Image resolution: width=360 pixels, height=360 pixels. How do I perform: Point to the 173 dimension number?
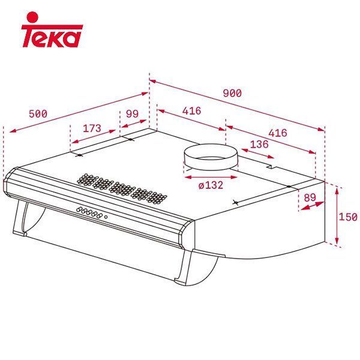pyautogui.click(x=92, y=128)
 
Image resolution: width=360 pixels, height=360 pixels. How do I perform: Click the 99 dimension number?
pyautogui.click(x=132, y=114)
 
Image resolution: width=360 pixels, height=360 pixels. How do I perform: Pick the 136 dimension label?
pyautogui.click(x=259, y=144)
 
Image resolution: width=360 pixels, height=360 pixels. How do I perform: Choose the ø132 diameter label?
pyautogui.click(x=210, y=185)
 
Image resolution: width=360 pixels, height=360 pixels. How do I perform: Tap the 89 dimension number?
pyautogui.click(x=310, y=197)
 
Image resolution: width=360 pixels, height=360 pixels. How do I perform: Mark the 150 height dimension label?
pyautogui.click(x=348, y=217)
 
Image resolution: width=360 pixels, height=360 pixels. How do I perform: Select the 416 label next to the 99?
pyautogui.click(x=191, y=111)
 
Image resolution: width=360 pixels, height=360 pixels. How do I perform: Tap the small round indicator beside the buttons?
pyautogui.click(x=106, y=216)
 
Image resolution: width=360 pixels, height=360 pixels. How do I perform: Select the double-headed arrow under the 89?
pyautogui.click(x=310, y=205)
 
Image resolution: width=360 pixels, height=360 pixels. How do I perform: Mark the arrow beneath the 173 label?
pyautogui.click(x=94, y=137)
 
